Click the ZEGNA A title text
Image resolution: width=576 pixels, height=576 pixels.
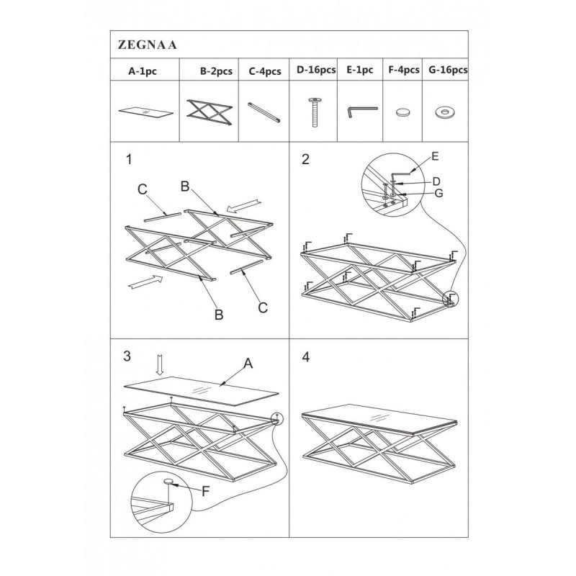[147, 45]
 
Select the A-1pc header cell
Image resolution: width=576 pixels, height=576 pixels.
[145, 69]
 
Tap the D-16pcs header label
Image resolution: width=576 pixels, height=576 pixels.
[316, 70]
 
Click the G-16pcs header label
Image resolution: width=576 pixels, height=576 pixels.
[448, 70]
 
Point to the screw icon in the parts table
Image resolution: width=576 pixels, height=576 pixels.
[315, 112]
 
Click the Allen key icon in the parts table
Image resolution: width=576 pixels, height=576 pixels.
[362, 112]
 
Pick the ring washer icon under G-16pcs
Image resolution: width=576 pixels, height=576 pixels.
[443, 112]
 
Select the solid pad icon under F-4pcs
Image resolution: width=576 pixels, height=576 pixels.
[403, 112]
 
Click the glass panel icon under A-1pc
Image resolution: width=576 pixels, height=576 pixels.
[145, 112]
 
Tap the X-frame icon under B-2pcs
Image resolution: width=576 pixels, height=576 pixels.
[210, 112]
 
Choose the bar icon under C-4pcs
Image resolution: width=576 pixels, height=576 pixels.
[264, 112]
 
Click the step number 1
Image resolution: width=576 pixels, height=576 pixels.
[129, 159]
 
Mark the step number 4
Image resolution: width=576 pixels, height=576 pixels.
[305, 356]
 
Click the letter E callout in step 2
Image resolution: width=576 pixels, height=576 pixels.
[435, 156]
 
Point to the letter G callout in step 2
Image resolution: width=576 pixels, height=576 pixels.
[438, 193]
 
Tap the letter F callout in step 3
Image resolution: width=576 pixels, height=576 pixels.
[205, 491]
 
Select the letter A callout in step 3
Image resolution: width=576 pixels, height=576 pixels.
[248, 364]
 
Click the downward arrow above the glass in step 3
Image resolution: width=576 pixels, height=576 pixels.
[159, 365]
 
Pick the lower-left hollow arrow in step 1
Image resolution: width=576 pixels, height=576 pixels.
[145, 282]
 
